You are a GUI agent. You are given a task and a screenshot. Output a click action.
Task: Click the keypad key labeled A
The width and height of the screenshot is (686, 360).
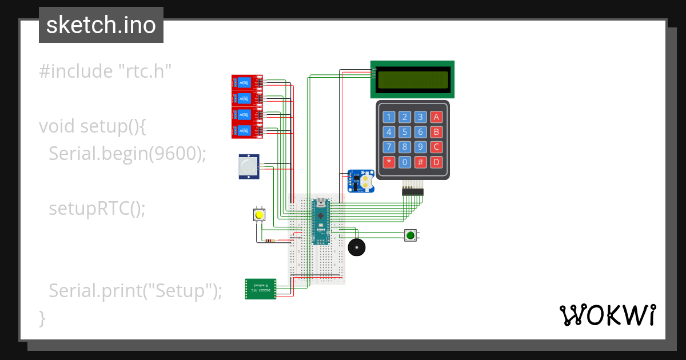(x=436, y=118)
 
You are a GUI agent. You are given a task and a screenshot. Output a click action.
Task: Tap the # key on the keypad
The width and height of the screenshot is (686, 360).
(x=421, y=162)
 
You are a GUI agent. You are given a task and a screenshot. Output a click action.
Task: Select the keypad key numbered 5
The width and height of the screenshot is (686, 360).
(x=405, y=133)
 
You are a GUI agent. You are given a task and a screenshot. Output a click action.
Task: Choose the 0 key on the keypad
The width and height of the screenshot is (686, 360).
(x=405, y=162)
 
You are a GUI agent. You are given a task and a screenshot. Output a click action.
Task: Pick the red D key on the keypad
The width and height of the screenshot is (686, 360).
(x=436, y=162)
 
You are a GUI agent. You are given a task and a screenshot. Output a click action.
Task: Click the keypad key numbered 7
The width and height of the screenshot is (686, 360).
(x=389, y=147)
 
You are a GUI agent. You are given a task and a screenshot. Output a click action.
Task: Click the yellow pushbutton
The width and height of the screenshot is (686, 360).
(x=260, y=215)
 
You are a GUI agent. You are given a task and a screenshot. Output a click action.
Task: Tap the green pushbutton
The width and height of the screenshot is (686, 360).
(x=410, y=235)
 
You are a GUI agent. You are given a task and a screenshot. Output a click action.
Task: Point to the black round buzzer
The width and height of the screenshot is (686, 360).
(x=357, y=247)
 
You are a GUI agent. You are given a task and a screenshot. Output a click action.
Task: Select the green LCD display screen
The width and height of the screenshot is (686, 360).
(x=413, y=79)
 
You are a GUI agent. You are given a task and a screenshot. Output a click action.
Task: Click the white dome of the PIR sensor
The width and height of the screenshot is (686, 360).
(x=248, y=167)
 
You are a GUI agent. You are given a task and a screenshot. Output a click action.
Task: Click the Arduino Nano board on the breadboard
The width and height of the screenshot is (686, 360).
(x=321, y=221)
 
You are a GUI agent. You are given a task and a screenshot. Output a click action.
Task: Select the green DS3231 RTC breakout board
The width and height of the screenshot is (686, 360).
(x=261, y=289)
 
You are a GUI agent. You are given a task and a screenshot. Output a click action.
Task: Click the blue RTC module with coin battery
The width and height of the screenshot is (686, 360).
(x=360, y=181)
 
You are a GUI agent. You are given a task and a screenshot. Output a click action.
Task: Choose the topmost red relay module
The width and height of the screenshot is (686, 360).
(x=246, y=82)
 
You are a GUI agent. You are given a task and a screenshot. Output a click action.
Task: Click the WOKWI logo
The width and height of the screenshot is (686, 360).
(x=607, y=315)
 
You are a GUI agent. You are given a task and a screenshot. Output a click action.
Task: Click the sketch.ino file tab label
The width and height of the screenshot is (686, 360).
(x=101, y=25)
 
